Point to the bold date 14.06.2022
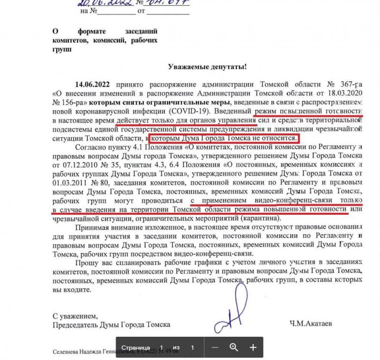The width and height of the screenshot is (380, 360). coord(93,83)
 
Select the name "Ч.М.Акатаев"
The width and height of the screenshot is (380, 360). coord(310,325)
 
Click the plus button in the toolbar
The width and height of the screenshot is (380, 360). coord(253,347)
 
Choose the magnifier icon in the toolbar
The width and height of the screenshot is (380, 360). coord(234,347)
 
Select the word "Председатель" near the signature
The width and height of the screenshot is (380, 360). coord(75,325)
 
